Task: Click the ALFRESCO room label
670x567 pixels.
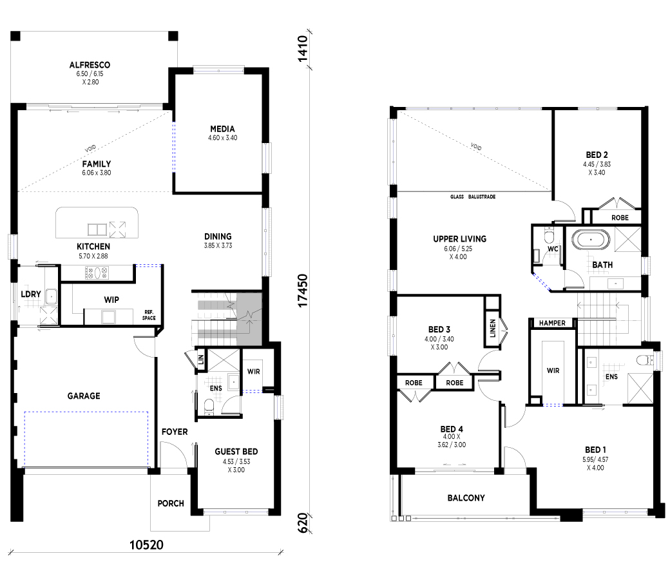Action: coord(90,65)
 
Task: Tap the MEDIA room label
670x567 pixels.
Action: coord(222,129)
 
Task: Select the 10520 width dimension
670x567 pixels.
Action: coord(146,545)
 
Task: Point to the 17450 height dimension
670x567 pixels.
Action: coord(303,291)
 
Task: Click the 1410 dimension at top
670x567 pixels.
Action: coord(303,49)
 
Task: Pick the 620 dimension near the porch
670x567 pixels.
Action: coord(303,523)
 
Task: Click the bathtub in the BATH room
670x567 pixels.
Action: coord(591,240)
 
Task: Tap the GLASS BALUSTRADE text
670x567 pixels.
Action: coord(473,197)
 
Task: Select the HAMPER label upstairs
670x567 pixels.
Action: coord(552,323)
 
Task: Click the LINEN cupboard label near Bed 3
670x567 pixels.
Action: coord(492,328)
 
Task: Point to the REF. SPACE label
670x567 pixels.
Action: coord(149,315)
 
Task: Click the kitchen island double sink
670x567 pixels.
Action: coord(97,230)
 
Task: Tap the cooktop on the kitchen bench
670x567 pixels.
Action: coord(97,273)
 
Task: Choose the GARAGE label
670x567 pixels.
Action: coord(84,396)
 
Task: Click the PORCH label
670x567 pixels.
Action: coord(171,504)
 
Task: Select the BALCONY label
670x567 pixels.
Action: coord(466,498)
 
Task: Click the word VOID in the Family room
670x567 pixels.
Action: coord(91,149)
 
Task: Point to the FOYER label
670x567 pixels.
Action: coord(175,432)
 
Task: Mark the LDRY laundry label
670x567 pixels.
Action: coord(31,294)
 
